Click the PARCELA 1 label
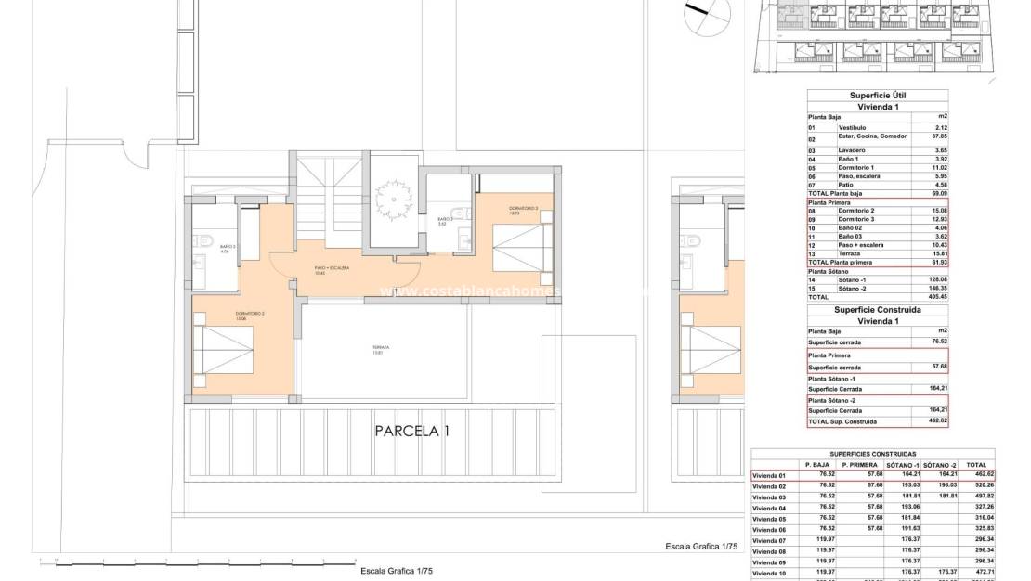pos(412,431)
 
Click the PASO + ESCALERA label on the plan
pos(332,268)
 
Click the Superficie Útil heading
pos(878,96)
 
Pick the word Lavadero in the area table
pos(852,150)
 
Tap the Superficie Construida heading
pos(878,309)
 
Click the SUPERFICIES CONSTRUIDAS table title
pos(873,454)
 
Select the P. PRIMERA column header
pos(859,464)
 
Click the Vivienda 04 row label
pos(769,508)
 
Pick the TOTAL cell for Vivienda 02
pos(976,485)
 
